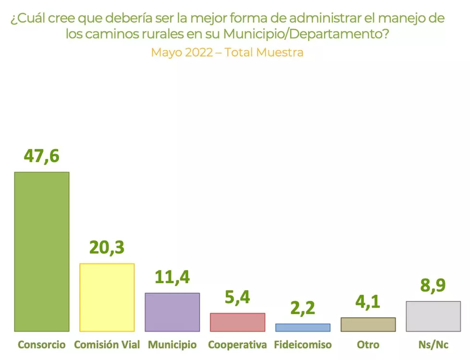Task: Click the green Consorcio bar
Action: (x=42, y=252)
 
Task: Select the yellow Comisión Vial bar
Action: (x=107, y=297)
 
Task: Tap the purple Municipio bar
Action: (x=172, y=312)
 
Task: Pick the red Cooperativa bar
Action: (x=237, y=322)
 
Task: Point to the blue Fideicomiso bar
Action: (x=302, y=327)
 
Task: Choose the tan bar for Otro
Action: (x=368, y=324)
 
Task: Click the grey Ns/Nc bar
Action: (x=433, y=316)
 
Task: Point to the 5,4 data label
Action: (x=237, y=298)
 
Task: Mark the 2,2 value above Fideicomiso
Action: (x=302, y=308)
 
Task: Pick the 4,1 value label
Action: (x=368, y=301)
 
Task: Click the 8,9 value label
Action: (x=433, y=285)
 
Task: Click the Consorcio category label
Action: (x=42, y=345)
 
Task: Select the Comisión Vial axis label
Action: (x=107, y=345)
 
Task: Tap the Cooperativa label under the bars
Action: (x=237, y=345)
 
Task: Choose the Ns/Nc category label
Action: (x=433, y=345)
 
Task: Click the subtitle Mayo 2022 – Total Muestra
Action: (x=227, y=52)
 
